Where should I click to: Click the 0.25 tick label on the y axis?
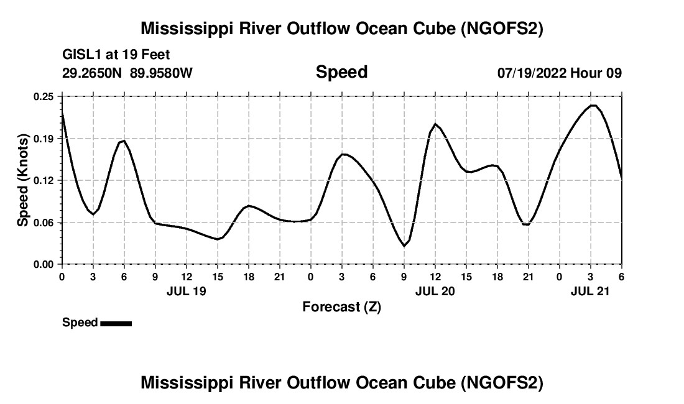[x=44, y=96]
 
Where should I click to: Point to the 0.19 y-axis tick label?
[x=44, y=138]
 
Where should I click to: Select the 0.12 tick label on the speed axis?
[x=44, y=180]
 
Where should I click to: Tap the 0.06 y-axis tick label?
[x=44, y=222]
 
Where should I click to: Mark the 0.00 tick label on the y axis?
[x=44, y=264]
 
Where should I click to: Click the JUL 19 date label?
[x=186, y=290]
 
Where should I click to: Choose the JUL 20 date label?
[x=435, y=290]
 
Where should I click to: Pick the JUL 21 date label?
[x=590, y=290]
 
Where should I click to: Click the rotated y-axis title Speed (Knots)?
[x=23, y=180]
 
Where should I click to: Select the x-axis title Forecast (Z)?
[x=341, y=306]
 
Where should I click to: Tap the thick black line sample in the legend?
[x=116, y=323]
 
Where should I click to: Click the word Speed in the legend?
[x=80, y=323]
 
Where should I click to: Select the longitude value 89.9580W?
[x=161, y=73]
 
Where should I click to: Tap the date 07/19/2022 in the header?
[x=531, y=73]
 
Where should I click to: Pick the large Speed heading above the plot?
[x=341, y=72]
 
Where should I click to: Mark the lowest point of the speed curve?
[x=404, y=246]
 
